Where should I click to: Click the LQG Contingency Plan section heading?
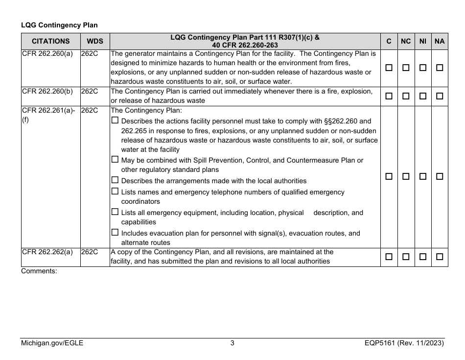59,25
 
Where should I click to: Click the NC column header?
406,42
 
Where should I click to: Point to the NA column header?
439,42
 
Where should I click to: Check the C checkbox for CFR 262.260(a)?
389,68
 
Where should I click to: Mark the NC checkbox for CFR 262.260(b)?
406,96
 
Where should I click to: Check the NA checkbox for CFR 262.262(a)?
440,257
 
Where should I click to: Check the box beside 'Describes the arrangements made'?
115,180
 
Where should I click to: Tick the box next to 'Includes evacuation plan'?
115,233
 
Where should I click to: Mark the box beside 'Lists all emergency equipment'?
115,212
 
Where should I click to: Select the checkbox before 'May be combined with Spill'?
115,160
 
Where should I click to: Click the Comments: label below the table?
39,270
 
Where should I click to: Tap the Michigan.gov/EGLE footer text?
52,343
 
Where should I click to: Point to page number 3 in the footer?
232,343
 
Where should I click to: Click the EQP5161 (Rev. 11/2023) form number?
401,343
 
